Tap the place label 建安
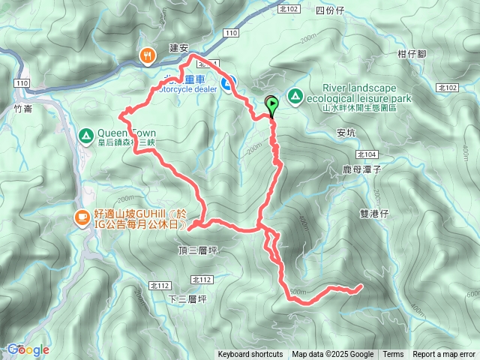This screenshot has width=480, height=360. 178,47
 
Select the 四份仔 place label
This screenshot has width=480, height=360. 330,10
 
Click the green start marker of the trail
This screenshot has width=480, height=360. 271,105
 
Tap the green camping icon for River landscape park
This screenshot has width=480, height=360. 295,96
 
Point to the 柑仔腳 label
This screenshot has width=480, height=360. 412,54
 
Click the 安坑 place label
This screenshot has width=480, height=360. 346,136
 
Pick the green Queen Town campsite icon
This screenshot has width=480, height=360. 85,136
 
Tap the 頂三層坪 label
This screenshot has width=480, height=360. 196,249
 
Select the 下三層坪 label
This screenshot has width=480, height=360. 187,298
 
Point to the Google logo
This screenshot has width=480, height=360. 28,349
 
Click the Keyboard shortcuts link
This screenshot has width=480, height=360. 250,355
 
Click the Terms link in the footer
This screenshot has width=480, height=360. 393,355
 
